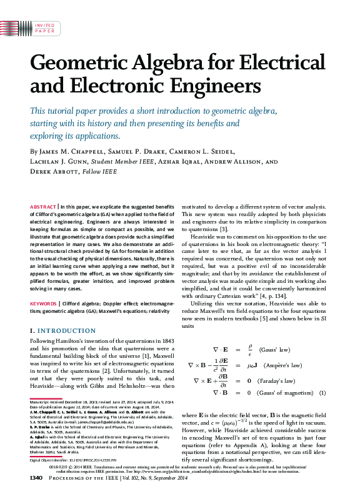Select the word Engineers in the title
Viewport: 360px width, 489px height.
pyautogui.click(x=195, y=84)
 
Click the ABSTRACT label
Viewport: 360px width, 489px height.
pyautogui.click(x=43, y=206)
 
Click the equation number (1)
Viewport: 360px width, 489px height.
pyautogui.click(x=323, y=393)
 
